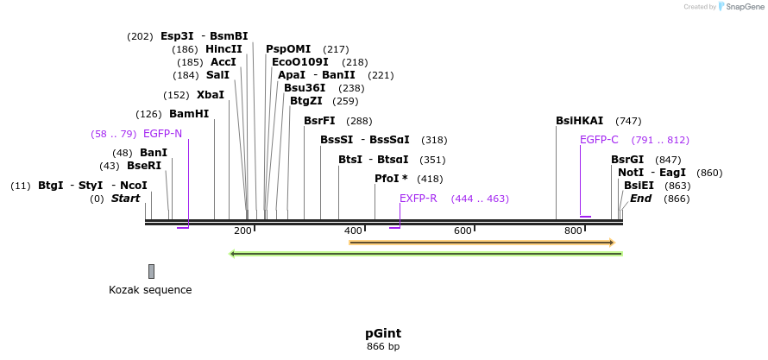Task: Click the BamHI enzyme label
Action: [x=189, y=114]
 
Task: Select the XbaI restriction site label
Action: [x=211, y=95]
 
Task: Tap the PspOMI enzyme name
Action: [x=288, y=49]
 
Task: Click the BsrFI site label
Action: [x=319, y=121]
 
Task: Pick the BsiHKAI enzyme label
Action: [x=580, y=121]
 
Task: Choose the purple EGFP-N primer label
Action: [x=162, y=134]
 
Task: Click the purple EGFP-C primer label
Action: [x=599, y=140]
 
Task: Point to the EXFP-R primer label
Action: [x=419, y=199]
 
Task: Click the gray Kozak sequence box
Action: [x=151, y=271]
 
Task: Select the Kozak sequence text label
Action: [x=150, y=290]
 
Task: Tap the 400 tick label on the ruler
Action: [x=353, y=231]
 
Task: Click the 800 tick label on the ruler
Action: [x=573, y=231]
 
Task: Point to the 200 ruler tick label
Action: [x=242, y=231]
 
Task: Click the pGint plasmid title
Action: [x=382, y=333]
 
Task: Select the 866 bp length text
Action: [x=382, y=346]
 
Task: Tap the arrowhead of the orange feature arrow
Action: [x=612, y=243]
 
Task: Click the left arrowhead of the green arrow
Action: [x=232, y=254]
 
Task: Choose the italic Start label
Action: [x=125, y=199]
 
